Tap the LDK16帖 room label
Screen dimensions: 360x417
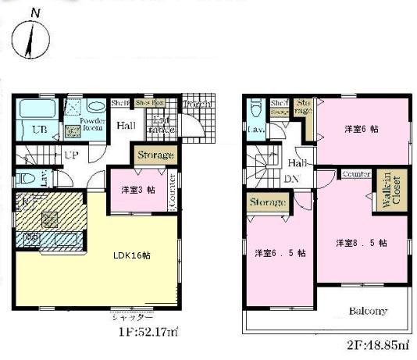pyautogui.click(x=119, y=255)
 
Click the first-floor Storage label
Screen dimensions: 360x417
pyautogui.click(x=155, y=155)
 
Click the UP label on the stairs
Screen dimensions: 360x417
pyautogui.click(x=71, y=155)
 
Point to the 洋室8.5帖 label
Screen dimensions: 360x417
pyautogui.click(x=362, y=243)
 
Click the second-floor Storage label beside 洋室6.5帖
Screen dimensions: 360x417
pyautogui.click(x=267, y=203)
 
